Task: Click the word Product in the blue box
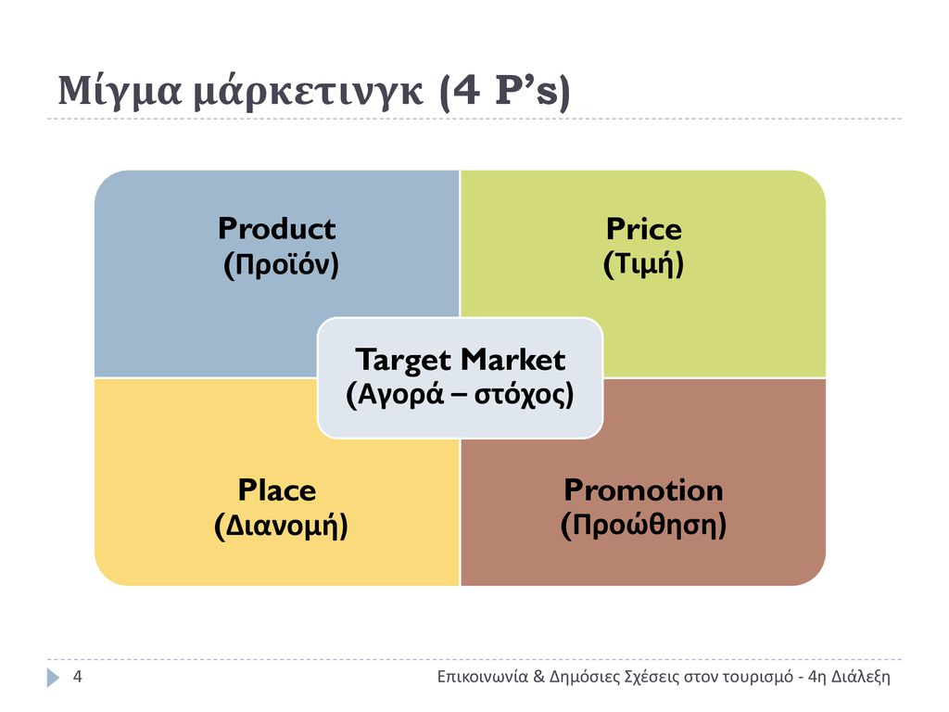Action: click(276, 229)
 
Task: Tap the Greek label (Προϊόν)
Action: click(281, 264)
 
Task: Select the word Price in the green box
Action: click(644, 229)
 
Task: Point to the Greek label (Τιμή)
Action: click(643, 264)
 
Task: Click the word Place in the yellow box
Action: click(276, 489)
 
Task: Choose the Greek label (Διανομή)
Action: click(281, 526)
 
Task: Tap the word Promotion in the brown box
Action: click(643, 489)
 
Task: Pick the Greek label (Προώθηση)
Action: click(643, 525)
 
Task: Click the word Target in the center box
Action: click(402, 361)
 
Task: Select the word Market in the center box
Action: click(513, 360)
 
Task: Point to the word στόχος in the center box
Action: click(525, 395)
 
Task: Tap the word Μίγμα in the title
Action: click(120, 92)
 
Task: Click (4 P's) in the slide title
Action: click(505, 92)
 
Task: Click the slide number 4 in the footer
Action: click(78, 676)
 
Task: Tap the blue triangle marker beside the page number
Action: click(53, 678)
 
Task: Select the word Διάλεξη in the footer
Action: click(861, 677)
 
